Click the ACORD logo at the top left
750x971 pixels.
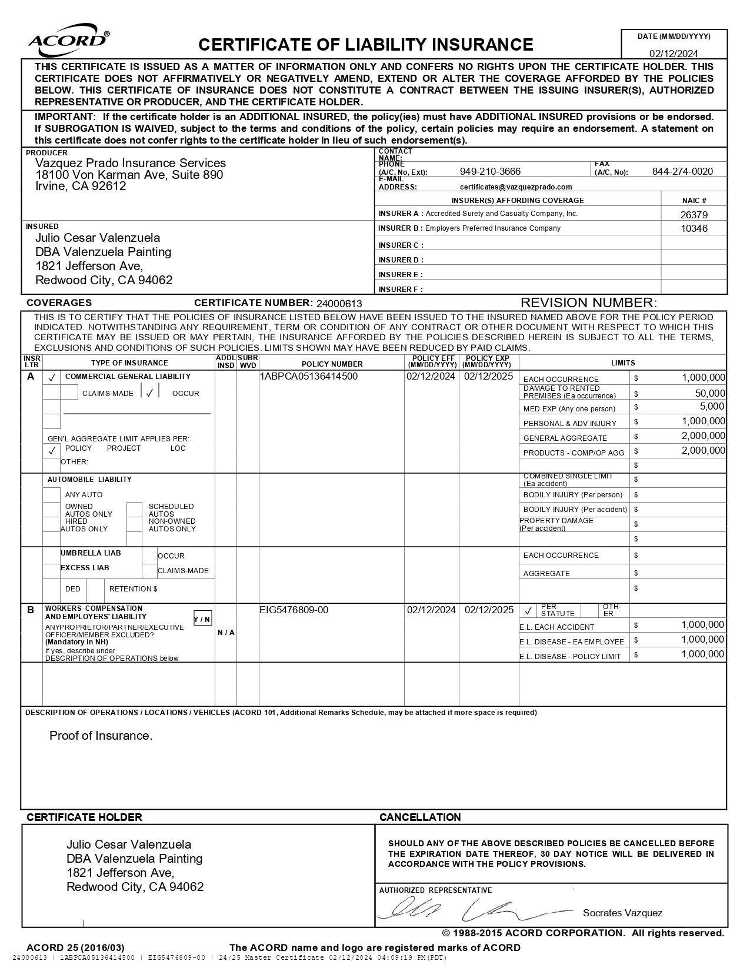point(68,39)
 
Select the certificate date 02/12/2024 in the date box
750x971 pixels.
point(674,54)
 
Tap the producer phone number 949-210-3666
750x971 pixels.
point(490,171)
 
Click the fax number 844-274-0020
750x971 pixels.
point(682,171)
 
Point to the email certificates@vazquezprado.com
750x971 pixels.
point(516,187)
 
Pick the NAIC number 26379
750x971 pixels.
point(694,215)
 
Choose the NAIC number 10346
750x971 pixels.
point(694,228)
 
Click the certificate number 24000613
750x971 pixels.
point(339,304)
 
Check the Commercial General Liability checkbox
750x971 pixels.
point(52,377)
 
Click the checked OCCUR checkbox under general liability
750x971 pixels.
point(150,393)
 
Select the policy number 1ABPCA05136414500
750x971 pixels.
point(309,377)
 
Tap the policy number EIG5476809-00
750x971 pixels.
point(294,610)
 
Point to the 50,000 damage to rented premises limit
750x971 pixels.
point(710,393)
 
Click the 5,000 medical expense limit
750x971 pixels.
point(712,407)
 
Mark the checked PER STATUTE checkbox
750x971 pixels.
point(528,611)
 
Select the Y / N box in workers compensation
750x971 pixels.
point(202,619)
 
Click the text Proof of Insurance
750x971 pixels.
point(101,736)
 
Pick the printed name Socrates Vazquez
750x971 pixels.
point(622,913)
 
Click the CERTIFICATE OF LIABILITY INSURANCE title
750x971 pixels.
point(365,45)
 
